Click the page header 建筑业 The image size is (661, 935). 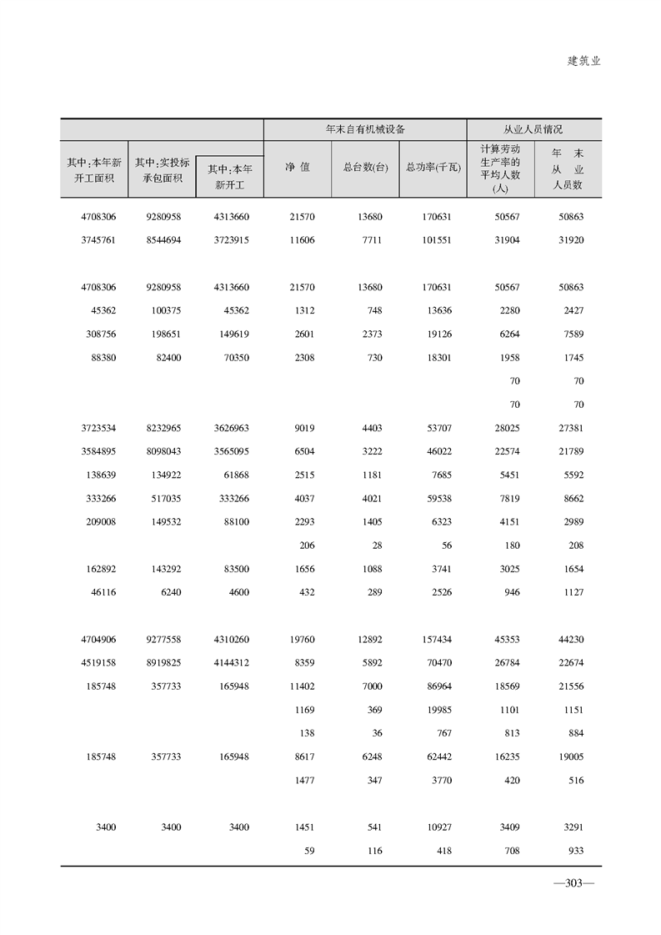583,62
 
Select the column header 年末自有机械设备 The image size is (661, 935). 365,130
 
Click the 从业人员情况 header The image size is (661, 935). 533,130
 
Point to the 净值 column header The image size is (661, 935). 297,167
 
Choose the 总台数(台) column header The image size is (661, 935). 365,167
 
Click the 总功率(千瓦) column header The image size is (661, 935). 433,167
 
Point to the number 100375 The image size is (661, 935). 164,311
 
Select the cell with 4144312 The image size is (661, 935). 230,663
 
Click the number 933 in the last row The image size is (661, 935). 573,851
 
